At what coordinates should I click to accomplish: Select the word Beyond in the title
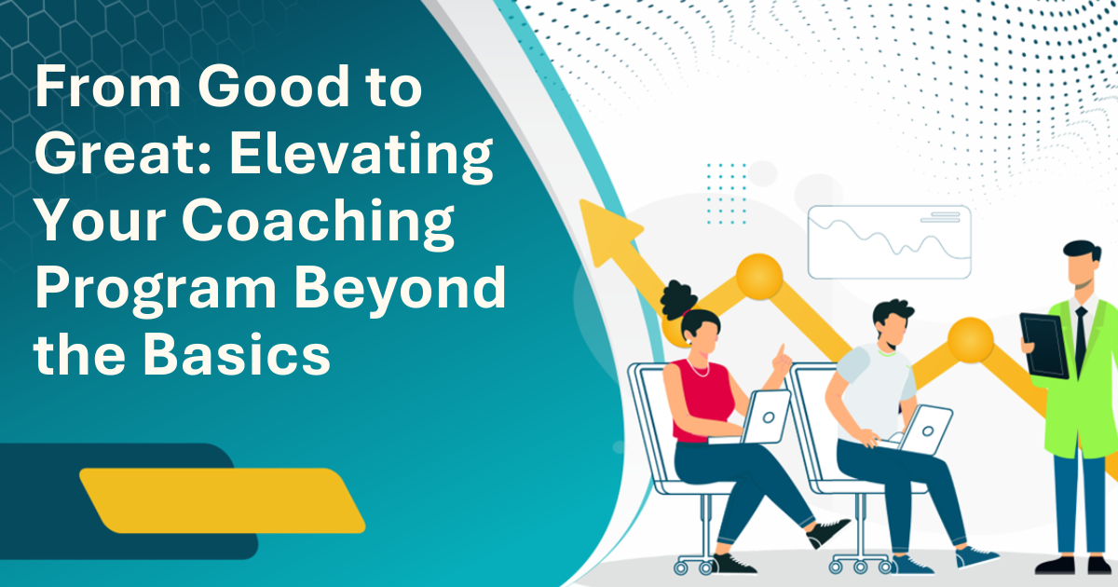(401, 288)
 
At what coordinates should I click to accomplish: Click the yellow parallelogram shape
(223, 500)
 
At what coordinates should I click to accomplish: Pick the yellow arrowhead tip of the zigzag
(581, 200)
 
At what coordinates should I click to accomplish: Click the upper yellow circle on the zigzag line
(759, 277)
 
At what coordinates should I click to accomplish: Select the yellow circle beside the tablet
(970, 340)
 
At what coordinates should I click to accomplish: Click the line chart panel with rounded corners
(890, 242)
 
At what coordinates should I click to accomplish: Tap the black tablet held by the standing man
(1044, 346)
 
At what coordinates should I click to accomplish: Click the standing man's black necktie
(1081, 340)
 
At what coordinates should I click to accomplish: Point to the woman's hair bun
(678, 298)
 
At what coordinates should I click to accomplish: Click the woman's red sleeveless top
(702, 401)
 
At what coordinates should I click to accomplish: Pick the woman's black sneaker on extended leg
(827, 532)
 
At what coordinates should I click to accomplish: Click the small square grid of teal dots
(726, 193)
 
